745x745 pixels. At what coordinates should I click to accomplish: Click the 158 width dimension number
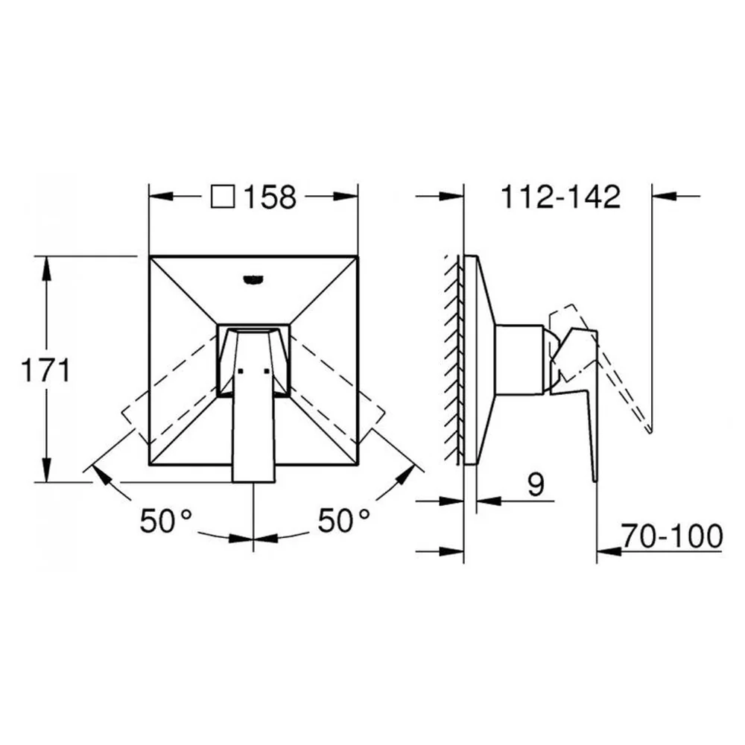[x=270, y=197]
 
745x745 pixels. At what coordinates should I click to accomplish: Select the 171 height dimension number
[x=45, y=370]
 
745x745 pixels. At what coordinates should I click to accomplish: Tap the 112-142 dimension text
[x=561, y=197]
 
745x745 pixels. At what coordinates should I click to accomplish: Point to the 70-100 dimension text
[x=672, y=536]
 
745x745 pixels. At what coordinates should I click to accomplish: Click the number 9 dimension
[x=536, y=485]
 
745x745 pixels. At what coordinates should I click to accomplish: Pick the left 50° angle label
[x=166, y=520]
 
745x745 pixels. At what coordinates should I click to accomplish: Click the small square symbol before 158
[x=223, y=196]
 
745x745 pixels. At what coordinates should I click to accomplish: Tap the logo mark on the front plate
[x=253, y=280]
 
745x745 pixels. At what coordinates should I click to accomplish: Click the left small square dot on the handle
[x=240, y=371]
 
